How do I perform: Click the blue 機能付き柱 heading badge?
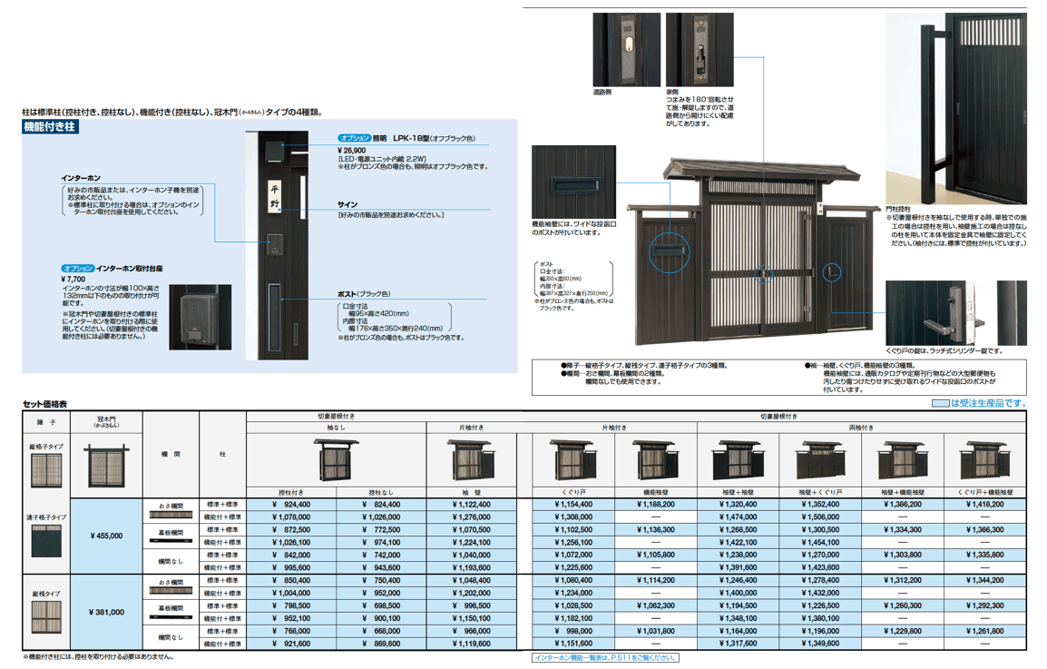coord(50,128)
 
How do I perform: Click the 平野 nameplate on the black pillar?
coord(275,196)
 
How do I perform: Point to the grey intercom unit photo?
coord(194,317)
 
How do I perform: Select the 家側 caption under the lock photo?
coord(672,92)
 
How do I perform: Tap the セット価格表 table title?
coord(44,404)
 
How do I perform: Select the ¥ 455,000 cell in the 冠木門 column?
coord(107,536)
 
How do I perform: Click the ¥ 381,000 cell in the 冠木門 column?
coord(107,612)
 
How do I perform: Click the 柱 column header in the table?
coord(223,454)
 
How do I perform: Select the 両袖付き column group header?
coord(861,427)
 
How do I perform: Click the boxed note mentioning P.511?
coord(605,657)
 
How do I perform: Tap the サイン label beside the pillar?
coord(347,205)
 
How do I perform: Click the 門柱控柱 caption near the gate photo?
coord(901,209)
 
